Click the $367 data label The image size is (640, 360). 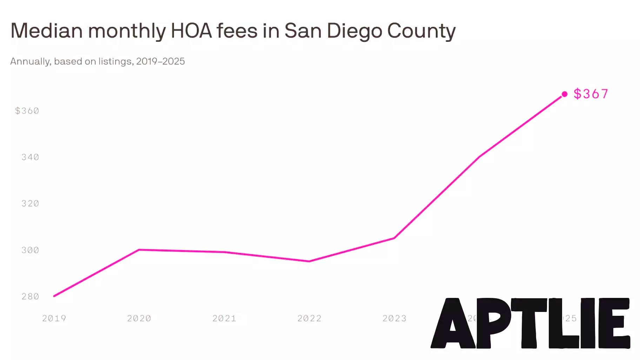[591, 94]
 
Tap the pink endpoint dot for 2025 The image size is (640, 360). [564, 94]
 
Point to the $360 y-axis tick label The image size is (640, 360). [27, 111]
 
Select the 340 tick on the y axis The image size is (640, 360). [30, 157]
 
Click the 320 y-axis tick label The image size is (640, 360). [30, 204]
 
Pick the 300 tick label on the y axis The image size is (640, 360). [30, 250]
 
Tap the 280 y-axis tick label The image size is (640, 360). [30, 296]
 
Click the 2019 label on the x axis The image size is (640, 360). [54, 318]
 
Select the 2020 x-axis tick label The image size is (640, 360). [139, 318]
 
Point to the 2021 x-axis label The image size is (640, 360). [224, 318]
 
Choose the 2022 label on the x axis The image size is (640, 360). [309, 318]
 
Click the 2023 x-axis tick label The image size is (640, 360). [394, 318]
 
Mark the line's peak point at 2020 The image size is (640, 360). [139, 250]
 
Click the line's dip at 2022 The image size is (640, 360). [309, 261]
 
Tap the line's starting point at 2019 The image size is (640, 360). [54, 296]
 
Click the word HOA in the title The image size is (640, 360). [191, 31]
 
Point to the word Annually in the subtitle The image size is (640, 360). [31, 61]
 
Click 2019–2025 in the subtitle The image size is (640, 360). [160, 61]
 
